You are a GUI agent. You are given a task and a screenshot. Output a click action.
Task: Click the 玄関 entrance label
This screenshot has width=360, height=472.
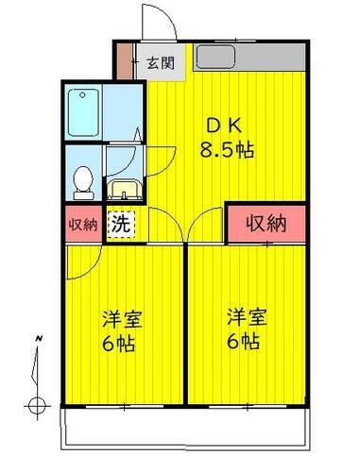[x=161, y=64]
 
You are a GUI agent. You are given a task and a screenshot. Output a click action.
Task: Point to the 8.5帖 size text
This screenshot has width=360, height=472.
[x=227, y=149]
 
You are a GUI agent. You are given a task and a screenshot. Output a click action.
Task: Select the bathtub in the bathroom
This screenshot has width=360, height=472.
[x=89, y=111]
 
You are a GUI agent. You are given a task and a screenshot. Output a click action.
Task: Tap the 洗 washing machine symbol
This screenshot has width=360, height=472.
[x=120, y=225]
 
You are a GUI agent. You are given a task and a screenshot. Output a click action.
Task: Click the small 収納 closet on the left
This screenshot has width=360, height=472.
[x=83, y=225]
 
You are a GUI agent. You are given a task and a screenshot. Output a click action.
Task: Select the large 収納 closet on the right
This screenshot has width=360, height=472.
[x=266, y=224]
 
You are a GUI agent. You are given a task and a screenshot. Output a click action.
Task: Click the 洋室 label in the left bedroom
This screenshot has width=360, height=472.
[x=119, y=319]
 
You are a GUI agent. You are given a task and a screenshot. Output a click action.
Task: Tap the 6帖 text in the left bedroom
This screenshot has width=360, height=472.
[x=119, y=342]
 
